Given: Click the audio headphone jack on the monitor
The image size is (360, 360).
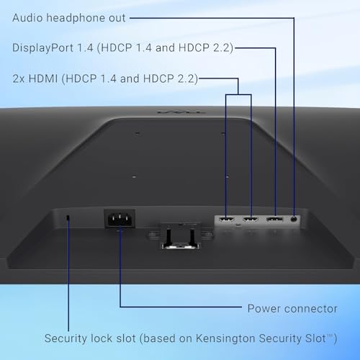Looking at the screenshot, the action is (294, 219).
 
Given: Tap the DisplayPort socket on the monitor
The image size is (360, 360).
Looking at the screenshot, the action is (274, 220).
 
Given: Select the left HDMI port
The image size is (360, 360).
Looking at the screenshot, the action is (226, 220).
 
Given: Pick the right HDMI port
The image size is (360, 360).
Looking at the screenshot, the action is (251, 220).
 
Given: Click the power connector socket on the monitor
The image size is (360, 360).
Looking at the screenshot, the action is (120, 219).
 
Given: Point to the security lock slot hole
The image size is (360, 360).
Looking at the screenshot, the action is (68, 217).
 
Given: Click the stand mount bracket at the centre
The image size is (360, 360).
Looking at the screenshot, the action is (181, 235).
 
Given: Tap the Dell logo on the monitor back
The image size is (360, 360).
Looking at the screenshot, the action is (181, 112).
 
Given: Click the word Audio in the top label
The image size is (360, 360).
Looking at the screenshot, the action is (27, 18).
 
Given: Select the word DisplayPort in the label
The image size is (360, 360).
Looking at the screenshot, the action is (42, 48).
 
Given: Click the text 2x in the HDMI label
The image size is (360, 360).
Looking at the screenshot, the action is (19, 78).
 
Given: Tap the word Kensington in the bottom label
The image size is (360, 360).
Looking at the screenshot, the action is (225, 338).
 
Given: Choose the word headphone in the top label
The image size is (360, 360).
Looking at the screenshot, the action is (76, 18).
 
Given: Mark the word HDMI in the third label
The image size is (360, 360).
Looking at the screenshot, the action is (43, 78).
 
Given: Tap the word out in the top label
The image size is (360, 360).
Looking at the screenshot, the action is (117, 19).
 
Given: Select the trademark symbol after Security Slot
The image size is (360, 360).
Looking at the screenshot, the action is (330, 336).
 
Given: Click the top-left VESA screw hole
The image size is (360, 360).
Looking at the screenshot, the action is (137, 133).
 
